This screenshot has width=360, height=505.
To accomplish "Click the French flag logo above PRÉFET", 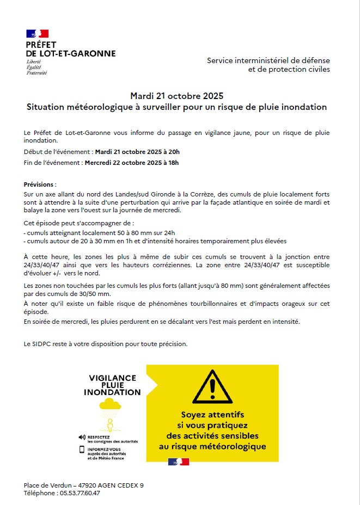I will [x=37, y=34].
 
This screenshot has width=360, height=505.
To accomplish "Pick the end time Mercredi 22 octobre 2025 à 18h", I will [x=132, y=162].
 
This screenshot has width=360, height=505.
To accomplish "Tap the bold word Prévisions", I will [x=40, y=185].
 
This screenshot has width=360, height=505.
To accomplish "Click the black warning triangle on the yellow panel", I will [x=212, y=386].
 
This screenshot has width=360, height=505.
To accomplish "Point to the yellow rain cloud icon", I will [x=110, y=404].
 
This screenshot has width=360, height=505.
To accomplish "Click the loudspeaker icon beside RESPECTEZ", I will [x=82, y=437].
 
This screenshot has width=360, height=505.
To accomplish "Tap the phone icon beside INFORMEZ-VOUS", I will [x=82, y=449].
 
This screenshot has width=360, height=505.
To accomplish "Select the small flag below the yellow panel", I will [x=179, y=462].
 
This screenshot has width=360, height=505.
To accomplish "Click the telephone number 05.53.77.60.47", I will [x=80, y=493].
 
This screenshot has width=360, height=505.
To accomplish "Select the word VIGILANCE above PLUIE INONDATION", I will [x=112, y=377].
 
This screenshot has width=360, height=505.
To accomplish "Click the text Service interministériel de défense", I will [x=268, y=60].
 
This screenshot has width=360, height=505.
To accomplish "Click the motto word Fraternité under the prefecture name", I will [x=37, y=72].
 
